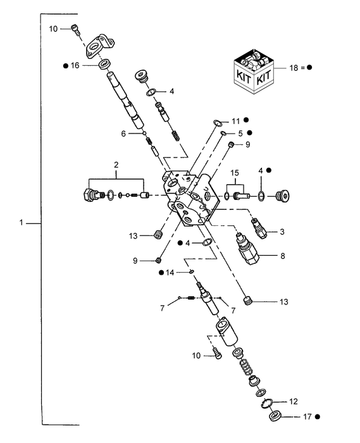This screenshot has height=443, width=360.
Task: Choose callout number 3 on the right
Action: point(283,233)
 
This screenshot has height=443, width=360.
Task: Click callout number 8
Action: point(283,256)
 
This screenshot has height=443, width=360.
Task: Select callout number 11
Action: point(235,120)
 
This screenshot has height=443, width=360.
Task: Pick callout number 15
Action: point(233,173)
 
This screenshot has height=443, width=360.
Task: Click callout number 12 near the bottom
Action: point(292,401)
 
